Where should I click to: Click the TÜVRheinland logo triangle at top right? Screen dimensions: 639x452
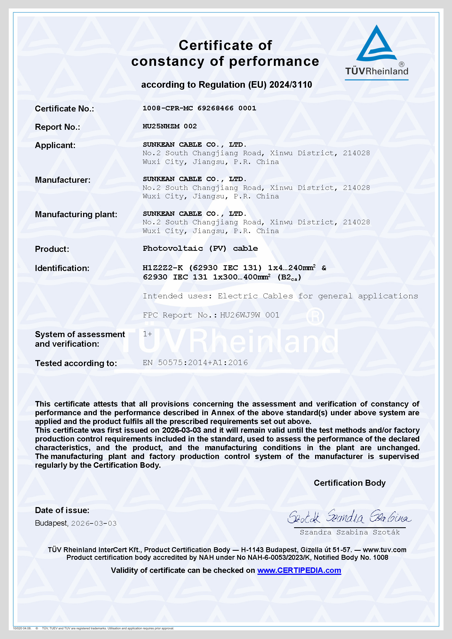click(x=376, y=45)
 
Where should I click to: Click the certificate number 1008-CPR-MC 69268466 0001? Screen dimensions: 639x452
click(x=199, y=108)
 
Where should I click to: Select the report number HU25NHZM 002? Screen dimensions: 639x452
click(x=169, y=126)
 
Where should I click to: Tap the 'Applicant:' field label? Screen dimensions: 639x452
click(x=55, y=145)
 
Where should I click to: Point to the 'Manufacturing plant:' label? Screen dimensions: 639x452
click(x=76, y=214)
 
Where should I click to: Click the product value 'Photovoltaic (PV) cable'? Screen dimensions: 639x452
click(x=200, y=249)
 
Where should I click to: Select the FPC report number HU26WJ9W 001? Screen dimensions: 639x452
click(x=250, y=315)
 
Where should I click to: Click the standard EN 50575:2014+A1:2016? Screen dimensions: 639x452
click(x=195, y=363)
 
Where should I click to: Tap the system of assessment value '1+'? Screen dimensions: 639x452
click(x=147, y=334)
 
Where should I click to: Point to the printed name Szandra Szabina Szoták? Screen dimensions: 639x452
click(x=350, y=532)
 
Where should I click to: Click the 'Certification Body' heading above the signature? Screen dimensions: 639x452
click(x=350, y=483)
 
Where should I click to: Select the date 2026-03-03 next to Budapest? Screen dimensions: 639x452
click(x=94, y=523)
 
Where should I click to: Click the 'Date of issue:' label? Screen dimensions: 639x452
click(x=62, y=510)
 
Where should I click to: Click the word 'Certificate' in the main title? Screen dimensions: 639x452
click(x=215, y=45)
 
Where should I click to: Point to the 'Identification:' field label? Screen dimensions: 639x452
click(x=62, y=268)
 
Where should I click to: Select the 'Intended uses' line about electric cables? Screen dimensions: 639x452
click(x=280, y=296)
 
